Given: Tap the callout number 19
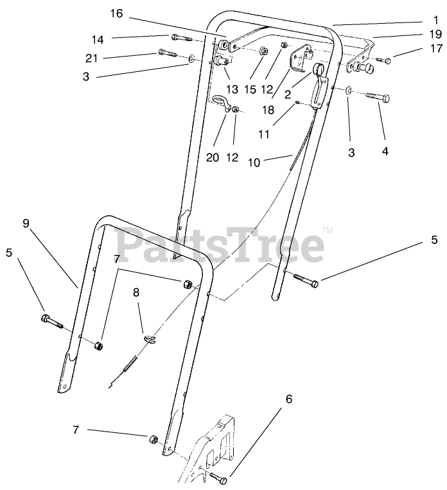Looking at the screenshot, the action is [436, 34].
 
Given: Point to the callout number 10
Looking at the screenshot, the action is [254, 163].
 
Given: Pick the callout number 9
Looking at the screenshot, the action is [26, 224].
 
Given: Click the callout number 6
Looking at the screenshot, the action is [288, 399].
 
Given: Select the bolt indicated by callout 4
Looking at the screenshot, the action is [376, 98].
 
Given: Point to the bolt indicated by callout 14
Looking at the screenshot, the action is [177, 37].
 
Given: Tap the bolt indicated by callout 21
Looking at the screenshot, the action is [166, 53].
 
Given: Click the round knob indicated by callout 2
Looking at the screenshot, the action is [317, 69].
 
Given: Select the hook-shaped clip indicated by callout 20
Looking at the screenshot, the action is [220, 103].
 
